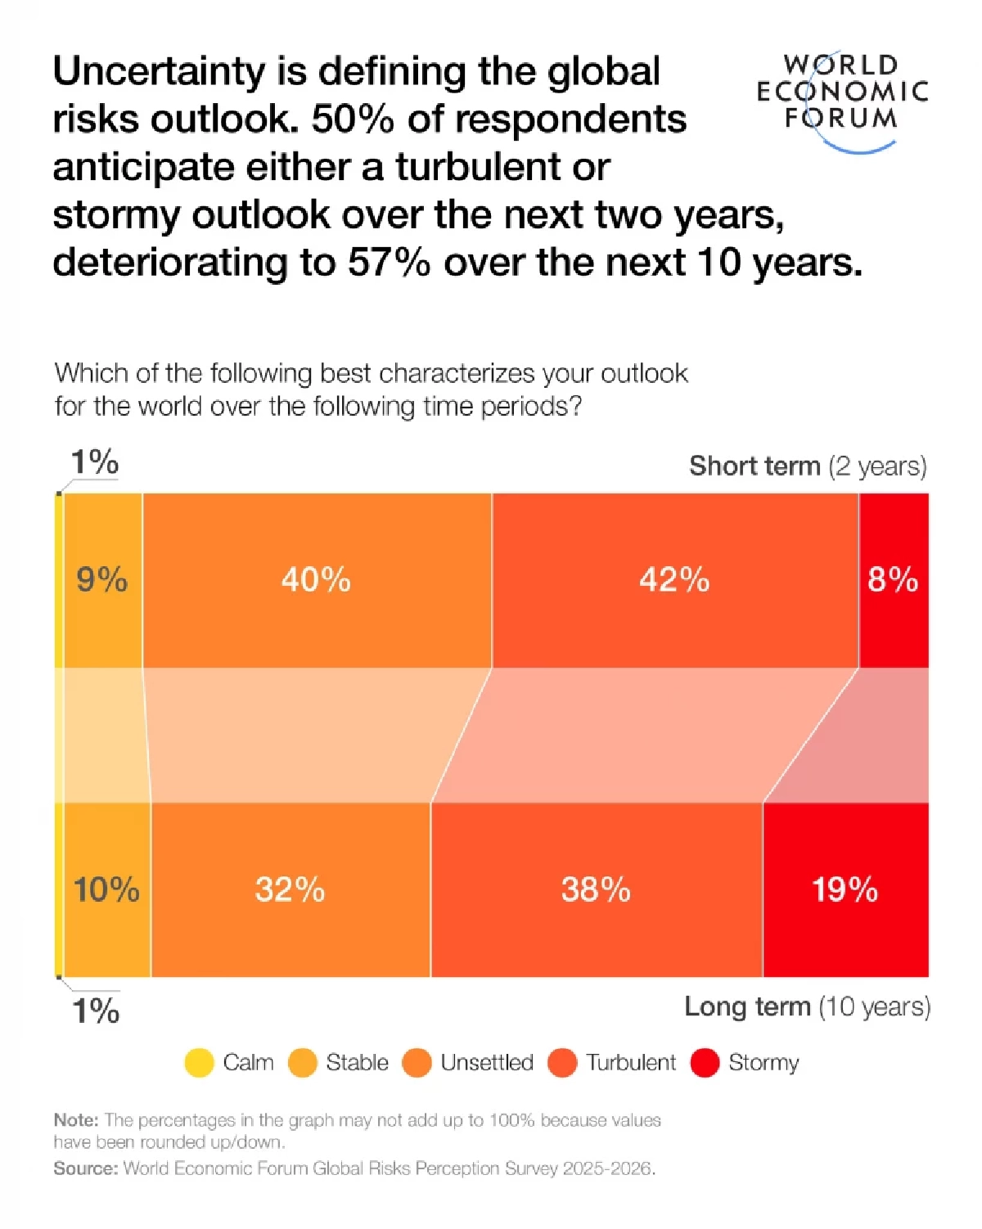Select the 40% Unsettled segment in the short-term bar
pyautogui.click(x=317, y=580)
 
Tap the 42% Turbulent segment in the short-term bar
pyautogui.click(x=674, y=580)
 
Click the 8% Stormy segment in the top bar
pyautogui.click(x=893, y=580)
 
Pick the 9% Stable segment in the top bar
pyautogui.click(x=102, y=580)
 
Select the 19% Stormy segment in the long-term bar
pyautogui.click(x=845, y=889)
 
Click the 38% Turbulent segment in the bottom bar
pyautogui.click(x=596, y=889)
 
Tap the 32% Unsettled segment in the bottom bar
pyautogui.click(x=290, y=889)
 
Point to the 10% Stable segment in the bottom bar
pyautogui.click(x=106, y=889)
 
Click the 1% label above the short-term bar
pyautogui.click(x=94, y=462)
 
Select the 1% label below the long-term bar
pyautogui.click(x=96, y=1011)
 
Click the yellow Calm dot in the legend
pyautogui.click(x=199, y=1063)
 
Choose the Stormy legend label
pyautogui.click(x=763, y=1063)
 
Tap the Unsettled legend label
pyautogui.click(x=486, y=1063)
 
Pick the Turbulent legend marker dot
pyautogui.click(x=562, y=1063)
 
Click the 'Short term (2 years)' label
pyautogui.click(x=808, y=466)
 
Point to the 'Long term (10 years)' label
pyautogui.click(x=807, y=1006)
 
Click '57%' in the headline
pyautogui.click(x=389, y=263)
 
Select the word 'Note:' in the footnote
pyautogui.click(x=76, y=1120)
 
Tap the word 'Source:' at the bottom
pyautogui.click(x=86, y=1168)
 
